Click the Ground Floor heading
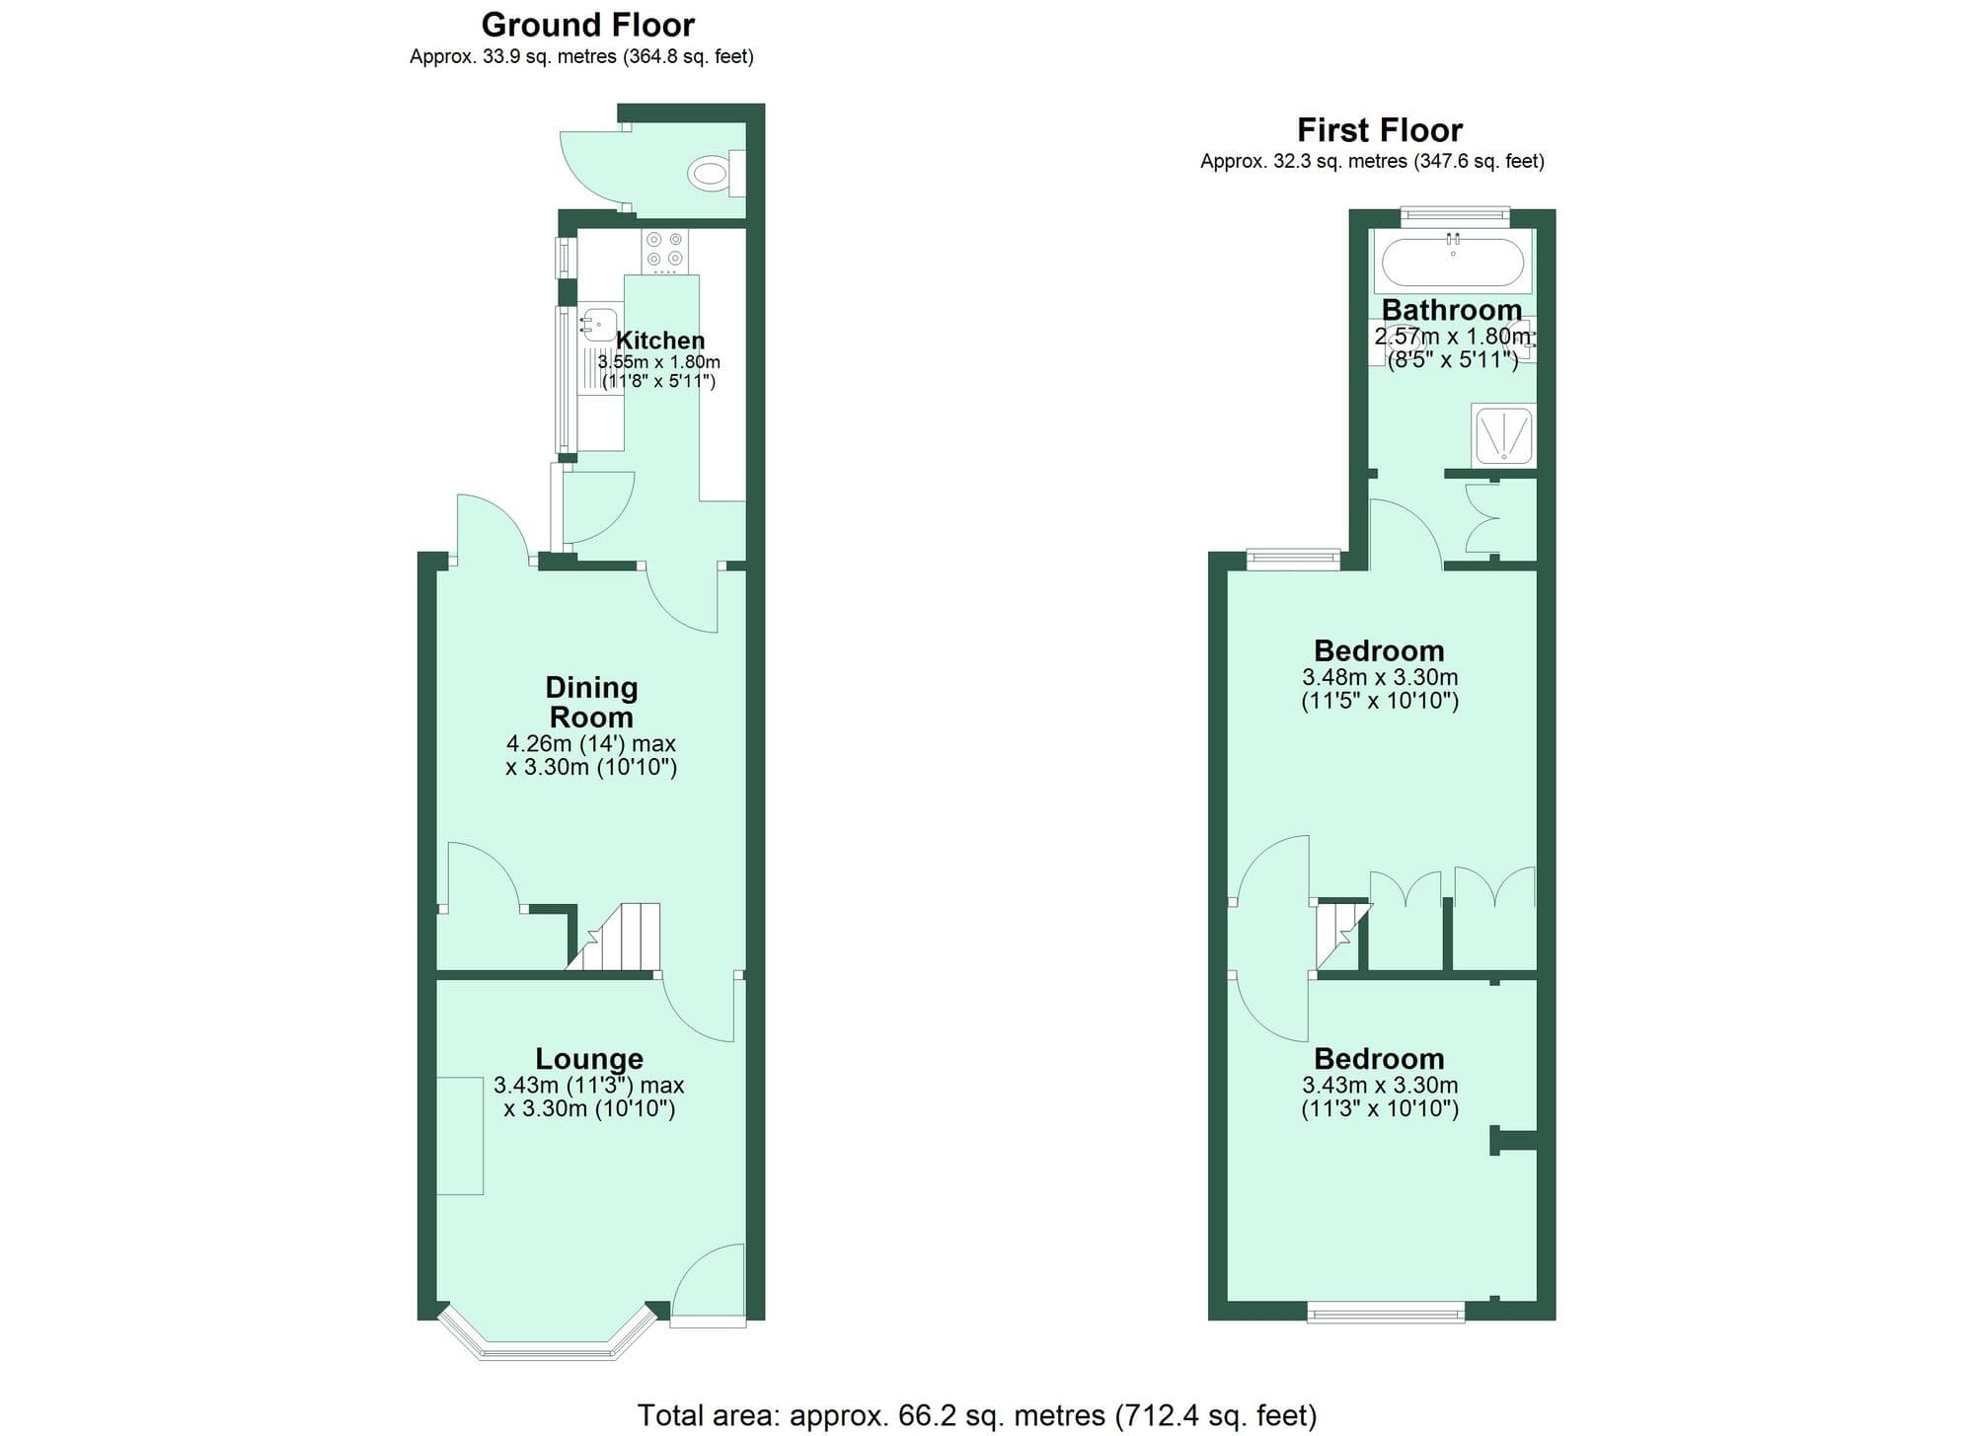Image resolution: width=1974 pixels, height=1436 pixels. [x=587, y=25]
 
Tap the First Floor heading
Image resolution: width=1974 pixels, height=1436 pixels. [x=1379, y=130]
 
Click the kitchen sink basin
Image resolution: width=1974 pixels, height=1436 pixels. [x=598, y=324]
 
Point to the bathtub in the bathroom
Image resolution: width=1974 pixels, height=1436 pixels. [x=1452, y=263]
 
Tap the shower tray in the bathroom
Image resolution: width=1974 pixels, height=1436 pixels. [x=1502, y=434]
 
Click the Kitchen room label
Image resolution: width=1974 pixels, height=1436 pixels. [x=659, y=340]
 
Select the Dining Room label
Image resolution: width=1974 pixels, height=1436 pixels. [x=591, y=702]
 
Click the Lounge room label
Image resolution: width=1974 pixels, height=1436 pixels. [x=588, y=1059]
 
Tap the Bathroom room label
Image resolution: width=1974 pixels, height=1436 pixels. [x=1451, y=310]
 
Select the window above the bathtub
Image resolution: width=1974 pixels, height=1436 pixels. [x=1456, y=214]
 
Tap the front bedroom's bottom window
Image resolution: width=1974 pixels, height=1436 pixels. [x=1386, y=1312]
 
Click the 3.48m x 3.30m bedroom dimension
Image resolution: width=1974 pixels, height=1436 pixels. [x=1379, y=678]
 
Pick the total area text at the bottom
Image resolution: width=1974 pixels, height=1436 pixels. [x=976, y=1416]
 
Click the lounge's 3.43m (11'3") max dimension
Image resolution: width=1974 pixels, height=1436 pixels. [x=588, y=1086]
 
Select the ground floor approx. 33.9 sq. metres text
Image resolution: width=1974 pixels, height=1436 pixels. [x=581, y=57]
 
